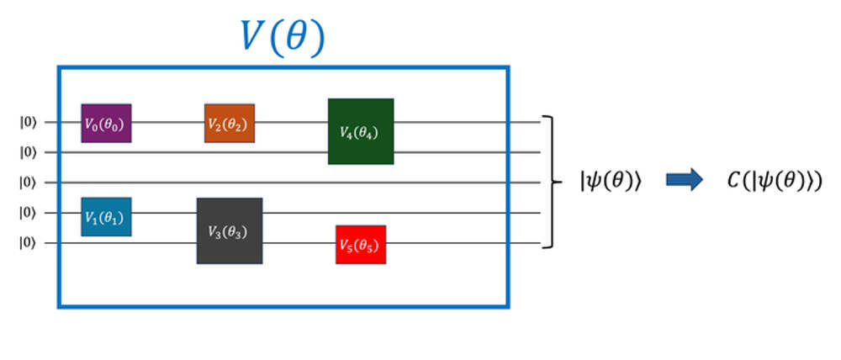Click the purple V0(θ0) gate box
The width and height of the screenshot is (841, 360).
click(106, 123)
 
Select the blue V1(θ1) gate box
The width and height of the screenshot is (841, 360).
click(106, 216)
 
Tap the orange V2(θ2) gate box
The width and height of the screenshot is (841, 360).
click(229, 123)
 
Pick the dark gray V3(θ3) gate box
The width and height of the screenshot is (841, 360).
click(229, 230)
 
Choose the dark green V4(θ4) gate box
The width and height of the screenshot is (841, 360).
click(360, 131)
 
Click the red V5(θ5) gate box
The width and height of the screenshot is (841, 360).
click(360, 245)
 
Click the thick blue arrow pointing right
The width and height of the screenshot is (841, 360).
click(684, 181)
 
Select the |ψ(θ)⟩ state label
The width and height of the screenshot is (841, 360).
click(611, 181)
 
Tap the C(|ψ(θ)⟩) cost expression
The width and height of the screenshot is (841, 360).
click(774, 181)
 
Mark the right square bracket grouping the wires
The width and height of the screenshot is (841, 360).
click(552, 182)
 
